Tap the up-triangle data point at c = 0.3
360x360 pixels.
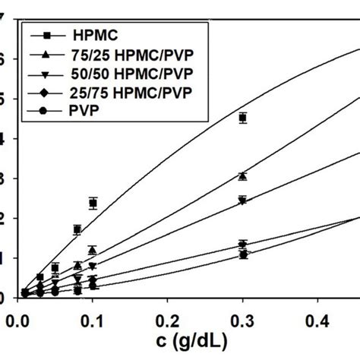pyautogui.click(x=243, y=175)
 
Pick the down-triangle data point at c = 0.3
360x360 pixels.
pyautogui.click(x=243, y=201)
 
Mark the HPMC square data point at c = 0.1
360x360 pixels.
pyautogui.click(x=93, y=203)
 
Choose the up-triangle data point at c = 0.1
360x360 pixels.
pyautogui.click(x=92, y=250)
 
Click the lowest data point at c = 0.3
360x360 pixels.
pyautogui.click(x=243, y=255)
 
